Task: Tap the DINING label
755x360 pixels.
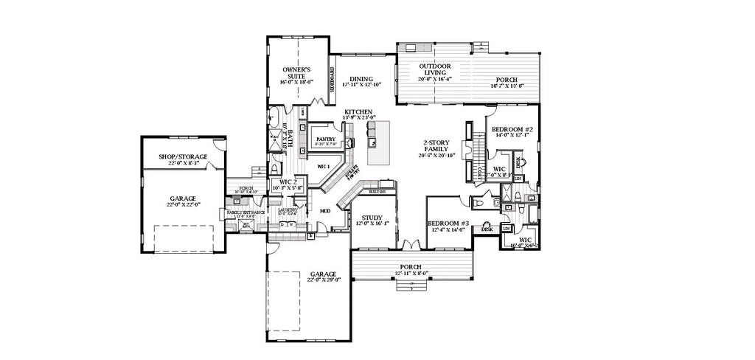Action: (361, 79)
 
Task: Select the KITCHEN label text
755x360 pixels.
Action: (359, 111)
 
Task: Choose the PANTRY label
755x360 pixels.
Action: (325, 138)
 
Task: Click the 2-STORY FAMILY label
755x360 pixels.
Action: (438, 145)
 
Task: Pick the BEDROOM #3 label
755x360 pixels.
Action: (448, 223)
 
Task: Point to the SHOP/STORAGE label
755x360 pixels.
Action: (184, 156)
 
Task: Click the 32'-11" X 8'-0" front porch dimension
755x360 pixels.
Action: (411, 274)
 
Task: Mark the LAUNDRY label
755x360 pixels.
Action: (288, 210)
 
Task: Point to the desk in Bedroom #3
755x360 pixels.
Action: (487, 229)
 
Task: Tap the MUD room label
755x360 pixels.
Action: (324, 211)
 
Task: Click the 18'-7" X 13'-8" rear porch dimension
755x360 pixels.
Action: (506, 86)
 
